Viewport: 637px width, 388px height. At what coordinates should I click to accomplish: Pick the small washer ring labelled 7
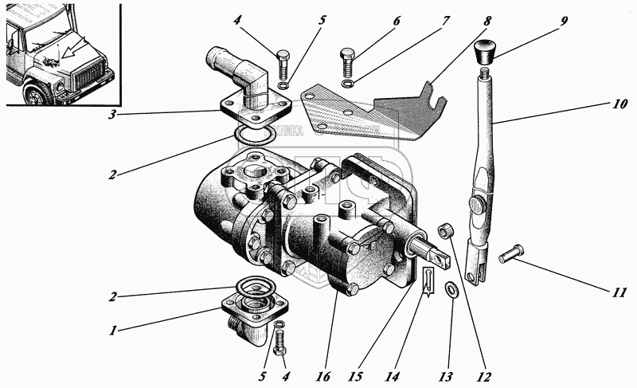348,83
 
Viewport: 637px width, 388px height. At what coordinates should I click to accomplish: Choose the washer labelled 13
451,290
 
